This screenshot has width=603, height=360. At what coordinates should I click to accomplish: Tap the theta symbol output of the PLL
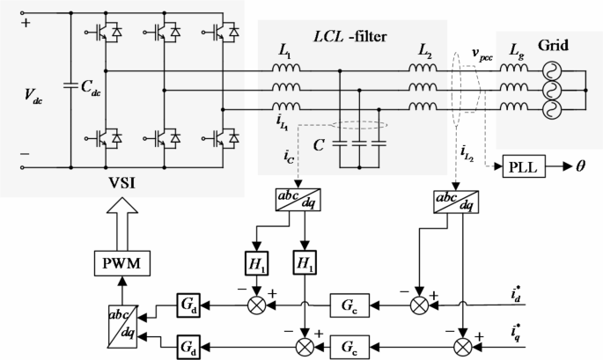pos(581,165)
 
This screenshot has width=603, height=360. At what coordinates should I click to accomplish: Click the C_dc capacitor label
pos(95,89)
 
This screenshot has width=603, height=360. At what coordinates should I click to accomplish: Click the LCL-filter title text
pos(352,35)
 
